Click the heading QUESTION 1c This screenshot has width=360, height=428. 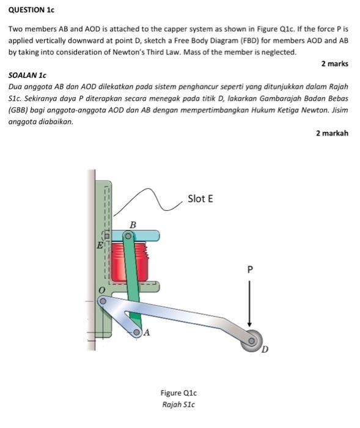tap(31, 10)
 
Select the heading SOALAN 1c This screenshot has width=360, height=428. tap(27, 75)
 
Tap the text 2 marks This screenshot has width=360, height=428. tap(334, 64)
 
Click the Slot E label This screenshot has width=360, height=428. tap(200, 199)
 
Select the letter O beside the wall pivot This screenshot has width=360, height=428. tap(103, 288)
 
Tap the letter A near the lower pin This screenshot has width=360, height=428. tap(147, 333)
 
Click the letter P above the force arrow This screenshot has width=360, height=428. tap(249, 269)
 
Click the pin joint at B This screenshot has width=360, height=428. tap(128, 235)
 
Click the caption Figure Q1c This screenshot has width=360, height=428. tap(179, 393)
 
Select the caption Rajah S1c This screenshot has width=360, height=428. tap(179, 404)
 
